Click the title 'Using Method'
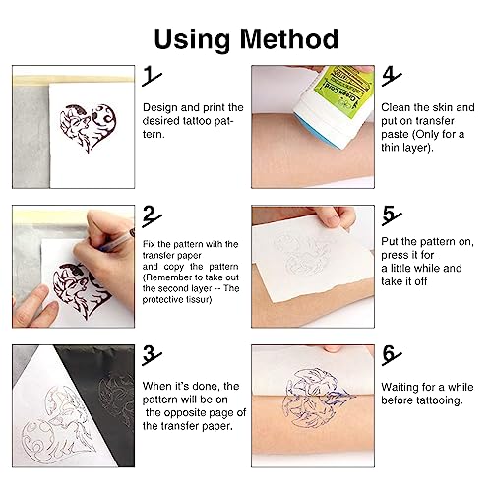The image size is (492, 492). (246, 39)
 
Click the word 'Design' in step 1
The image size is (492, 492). (159, 106)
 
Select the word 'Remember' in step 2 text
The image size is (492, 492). (171, 277)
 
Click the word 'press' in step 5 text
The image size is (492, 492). (400, 254)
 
